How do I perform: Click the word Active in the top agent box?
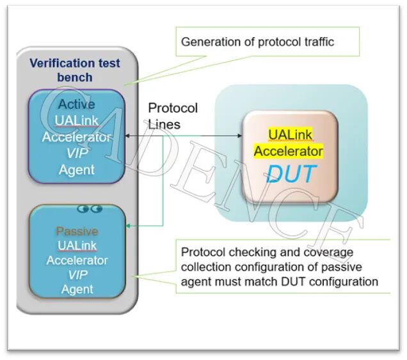(76, 104)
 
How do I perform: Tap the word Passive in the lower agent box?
(76, 231)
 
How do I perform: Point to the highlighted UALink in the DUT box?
(290, 135)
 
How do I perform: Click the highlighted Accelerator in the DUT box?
(288, 152)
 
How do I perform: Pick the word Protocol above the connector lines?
(173, 108)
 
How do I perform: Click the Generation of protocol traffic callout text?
(257, 42)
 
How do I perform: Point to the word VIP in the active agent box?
(77, 153)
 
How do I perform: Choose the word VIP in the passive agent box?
(77, 275)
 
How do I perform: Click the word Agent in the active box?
(77, 169)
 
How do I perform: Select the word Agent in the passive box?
(77, 290)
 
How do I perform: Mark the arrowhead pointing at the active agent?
(127, 136)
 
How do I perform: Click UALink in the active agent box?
(77, 120)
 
